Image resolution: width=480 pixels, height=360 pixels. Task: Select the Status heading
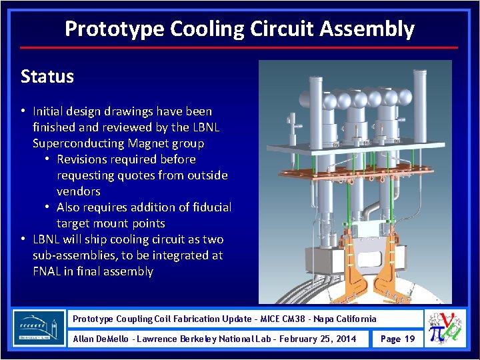point(47,77)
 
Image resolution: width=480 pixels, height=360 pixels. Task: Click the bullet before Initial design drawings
point(23,111)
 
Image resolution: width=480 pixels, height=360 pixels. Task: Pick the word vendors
point(79,191)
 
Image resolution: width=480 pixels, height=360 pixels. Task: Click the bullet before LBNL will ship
point(23,239)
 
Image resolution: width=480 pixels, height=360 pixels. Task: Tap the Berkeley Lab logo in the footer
point(39,329)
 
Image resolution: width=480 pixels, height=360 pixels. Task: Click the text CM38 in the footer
point(297,319)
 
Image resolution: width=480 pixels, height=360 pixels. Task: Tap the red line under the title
point(239,47)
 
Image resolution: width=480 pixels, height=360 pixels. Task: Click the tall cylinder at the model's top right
point(421,97)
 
